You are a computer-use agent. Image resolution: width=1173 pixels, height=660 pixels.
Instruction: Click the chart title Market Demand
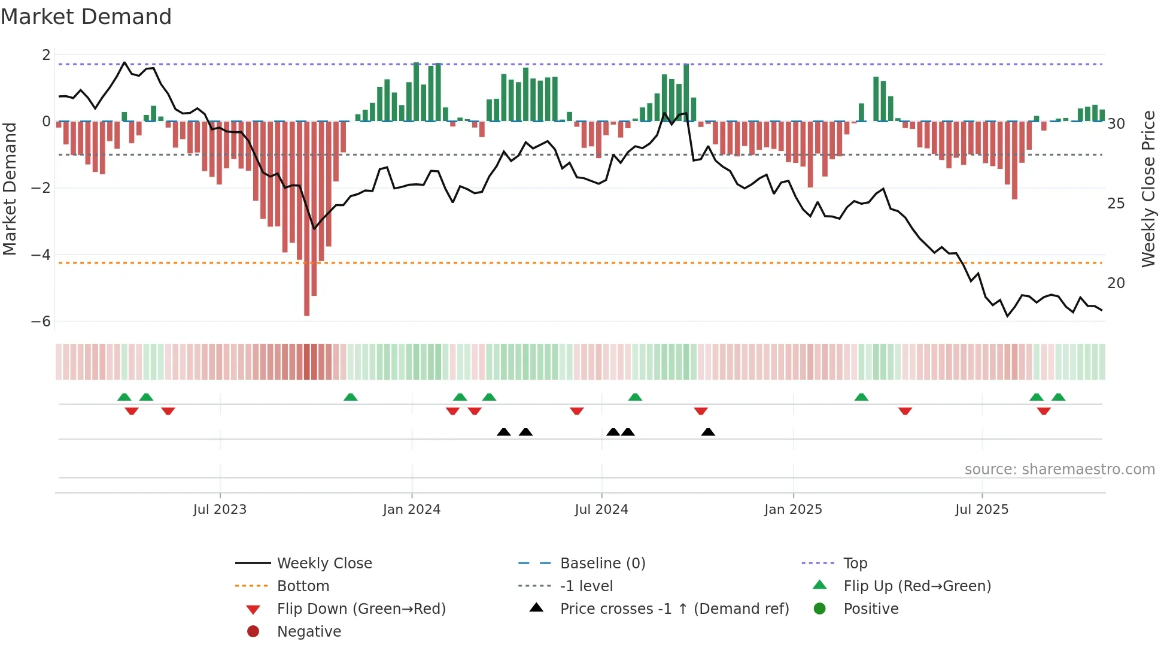point(86,17)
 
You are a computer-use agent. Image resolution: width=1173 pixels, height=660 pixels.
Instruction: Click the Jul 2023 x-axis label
point(220,510)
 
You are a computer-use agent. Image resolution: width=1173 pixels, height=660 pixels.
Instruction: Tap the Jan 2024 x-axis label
point(412,510)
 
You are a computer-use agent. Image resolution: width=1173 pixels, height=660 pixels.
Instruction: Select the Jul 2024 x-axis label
point(601,510)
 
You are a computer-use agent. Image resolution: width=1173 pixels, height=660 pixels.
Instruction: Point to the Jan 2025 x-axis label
point(793,510)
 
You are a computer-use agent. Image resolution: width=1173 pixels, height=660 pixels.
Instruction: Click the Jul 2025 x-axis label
point(981,510)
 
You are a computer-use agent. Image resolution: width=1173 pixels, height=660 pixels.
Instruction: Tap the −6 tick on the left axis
point(41,322)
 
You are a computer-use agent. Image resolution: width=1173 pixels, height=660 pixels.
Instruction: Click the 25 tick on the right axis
point(1116,204)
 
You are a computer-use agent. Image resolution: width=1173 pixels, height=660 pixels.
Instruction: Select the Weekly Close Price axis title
point(1148,189)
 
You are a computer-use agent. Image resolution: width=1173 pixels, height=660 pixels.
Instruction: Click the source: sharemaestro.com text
point(1059,470)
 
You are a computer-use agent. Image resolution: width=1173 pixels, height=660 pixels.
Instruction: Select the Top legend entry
point(855,564)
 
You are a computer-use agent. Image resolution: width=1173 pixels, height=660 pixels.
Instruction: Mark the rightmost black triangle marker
point(708,432)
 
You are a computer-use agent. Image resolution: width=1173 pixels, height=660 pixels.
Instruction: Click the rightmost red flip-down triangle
point(1044,411)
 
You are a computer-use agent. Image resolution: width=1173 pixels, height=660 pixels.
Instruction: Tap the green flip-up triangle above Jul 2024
point(635,397)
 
